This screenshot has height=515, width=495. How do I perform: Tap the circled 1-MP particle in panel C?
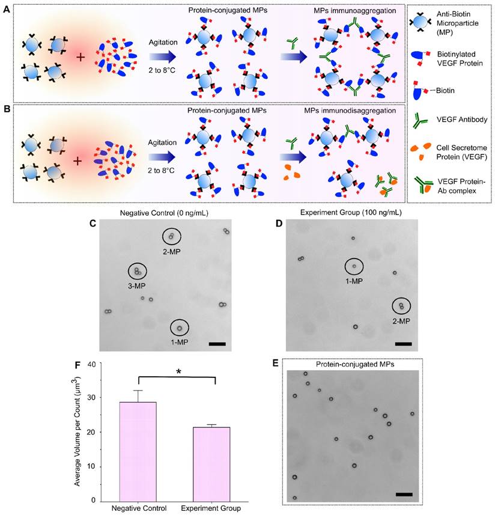tap(179, 328)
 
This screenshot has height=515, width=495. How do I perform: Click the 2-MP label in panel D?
tap(401, 321)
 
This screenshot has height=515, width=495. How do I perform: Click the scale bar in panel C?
tap(217, 344)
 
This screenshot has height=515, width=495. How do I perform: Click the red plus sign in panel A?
tap(80, 58)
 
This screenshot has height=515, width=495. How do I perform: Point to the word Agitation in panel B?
tap(163, 143)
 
